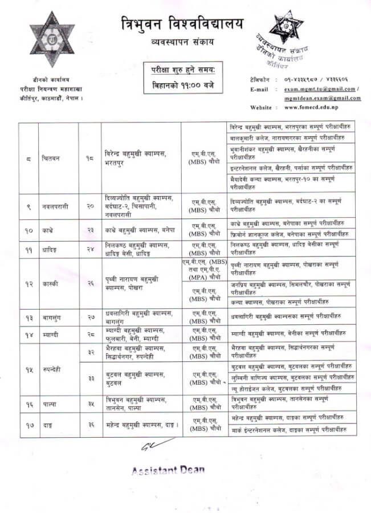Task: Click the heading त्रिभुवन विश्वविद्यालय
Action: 181,24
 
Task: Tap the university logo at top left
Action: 52,40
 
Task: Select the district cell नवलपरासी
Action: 56,206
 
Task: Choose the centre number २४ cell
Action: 90,249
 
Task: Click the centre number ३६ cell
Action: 90,425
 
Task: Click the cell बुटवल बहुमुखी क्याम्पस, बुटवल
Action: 140,377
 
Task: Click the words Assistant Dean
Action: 168,471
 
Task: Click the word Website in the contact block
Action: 262,107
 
